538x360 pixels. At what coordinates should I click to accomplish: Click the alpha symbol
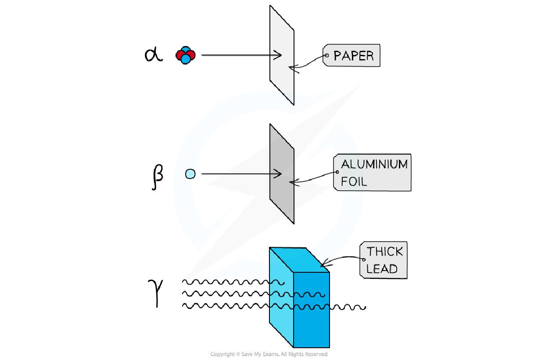click(153, 55)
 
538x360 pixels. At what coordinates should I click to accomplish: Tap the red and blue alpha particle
click(185, 56)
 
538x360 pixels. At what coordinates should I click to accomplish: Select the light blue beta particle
click(190, 174)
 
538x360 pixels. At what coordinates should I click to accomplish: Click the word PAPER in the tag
click(354, 56)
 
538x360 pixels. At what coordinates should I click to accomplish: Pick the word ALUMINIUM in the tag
click(374, 164)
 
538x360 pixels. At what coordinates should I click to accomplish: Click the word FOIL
click(354, 181)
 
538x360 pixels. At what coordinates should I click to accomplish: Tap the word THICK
click(385, 251)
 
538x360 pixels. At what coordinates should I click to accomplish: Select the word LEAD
click(382, 268)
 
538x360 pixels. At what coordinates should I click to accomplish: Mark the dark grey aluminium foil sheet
click(282, 197)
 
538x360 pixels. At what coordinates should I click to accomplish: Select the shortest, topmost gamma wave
click(233, 282)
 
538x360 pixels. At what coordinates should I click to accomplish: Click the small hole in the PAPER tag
click(326, 56)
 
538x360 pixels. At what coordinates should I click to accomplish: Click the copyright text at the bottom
click(269, 354)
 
